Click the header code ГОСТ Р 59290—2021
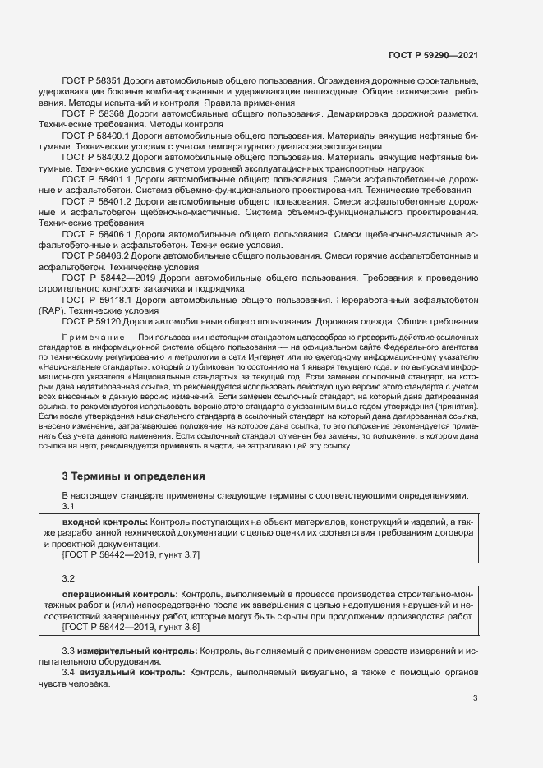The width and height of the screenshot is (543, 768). (x=433, y=55)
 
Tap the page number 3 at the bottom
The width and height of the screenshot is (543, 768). (x=475, y=699)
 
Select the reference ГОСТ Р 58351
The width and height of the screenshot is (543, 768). (x=92, y=82)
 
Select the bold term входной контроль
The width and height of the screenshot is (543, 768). (x=104, y=523)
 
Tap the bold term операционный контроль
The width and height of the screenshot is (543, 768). (x=118, y=594)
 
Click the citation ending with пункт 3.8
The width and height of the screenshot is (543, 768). (x=131, y=628)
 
